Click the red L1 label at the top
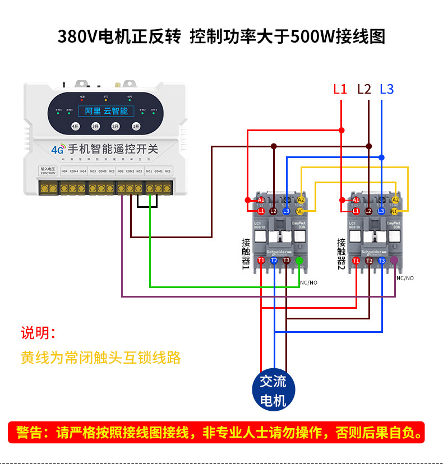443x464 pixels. point(340,89)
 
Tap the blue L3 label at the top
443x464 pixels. point(386,89)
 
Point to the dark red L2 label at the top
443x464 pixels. point(364,89)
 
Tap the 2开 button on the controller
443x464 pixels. point(115,126)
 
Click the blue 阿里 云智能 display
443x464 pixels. point(107,111)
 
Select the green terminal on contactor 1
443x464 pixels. point(299,260)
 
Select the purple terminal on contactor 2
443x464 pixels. point(394,260)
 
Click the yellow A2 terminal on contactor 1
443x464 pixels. point(301,200)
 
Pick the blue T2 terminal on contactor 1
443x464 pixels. point(274,260)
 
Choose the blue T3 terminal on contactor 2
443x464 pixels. point(381,260)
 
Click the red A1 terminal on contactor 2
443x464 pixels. point(356,200)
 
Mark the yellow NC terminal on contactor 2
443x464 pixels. point(395,211)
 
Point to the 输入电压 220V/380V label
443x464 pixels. point(47,170)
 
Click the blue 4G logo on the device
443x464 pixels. point(57,150)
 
